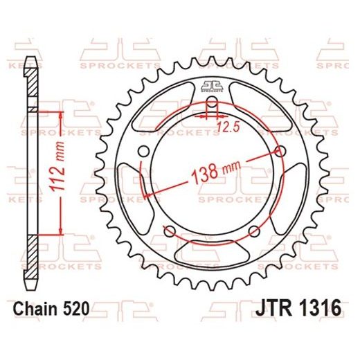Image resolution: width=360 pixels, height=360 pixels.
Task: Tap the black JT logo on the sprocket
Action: [213, 86]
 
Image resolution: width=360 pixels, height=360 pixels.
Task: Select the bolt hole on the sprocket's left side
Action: [143, 152]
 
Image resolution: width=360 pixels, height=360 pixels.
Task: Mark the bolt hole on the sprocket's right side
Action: [280, 151]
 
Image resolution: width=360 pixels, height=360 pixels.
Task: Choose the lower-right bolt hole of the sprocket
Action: [254, 231]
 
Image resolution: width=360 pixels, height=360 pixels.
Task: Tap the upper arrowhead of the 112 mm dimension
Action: [62, 114]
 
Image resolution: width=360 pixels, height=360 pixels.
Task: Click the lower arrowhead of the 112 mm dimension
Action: [62, 233]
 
